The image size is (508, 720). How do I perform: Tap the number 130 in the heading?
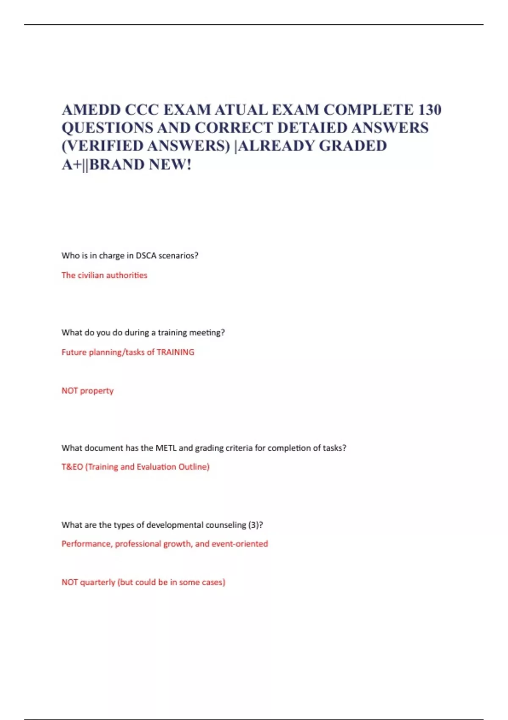[x=430, y=110]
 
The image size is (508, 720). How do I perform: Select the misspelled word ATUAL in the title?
[x=241, y=110]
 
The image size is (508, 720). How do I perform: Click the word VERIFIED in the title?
[x=104, y=146]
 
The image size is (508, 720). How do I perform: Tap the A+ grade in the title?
[x=71, y=164]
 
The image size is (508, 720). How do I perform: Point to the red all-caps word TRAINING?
[x=175, y=352]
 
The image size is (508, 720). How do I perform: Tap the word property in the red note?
[x=97, y=391]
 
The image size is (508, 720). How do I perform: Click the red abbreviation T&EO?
[x=72, y=467]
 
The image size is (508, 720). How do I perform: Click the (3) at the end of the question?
[x=255, y=525]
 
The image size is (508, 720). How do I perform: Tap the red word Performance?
[x=87, y=544]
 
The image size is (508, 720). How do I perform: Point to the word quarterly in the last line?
[x=97, y=582]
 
